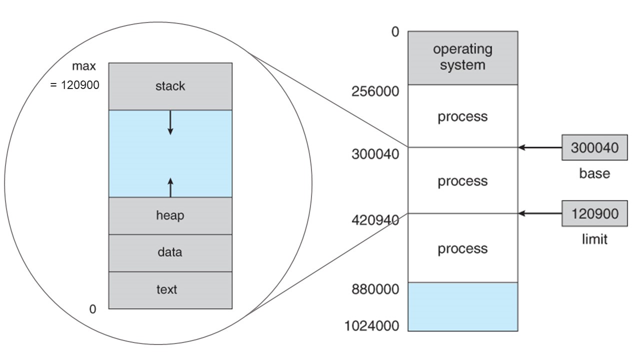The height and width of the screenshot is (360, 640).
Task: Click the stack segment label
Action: (x=170, y=86)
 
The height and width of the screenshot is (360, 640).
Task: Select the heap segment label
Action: (x=170, y=215)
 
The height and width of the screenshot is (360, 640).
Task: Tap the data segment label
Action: (x=170, y=252)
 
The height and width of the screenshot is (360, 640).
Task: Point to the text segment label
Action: (x=167, y=289)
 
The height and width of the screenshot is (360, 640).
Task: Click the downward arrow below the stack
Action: (x=170, y=122)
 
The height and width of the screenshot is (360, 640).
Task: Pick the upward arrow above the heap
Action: (x=170, y=187)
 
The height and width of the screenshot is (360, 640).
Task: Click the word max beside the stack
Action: (x=83, y=66)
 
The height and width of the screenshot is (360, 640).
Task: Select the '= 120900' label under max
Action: (x=75, y=85)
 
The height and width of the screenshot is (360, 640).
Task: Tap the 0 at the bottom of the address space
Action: (x=92, y=309)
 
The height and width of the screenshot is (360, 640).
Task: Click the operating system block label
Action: (x=463, y=57)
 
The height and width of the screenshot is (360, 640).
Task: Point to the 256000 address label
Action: (x=375, y=91)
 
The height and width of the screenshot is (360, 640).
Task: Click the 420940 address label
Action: (x=375, y=220)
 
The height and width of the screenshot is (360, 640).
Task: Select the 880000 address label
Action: (x=375, y=289)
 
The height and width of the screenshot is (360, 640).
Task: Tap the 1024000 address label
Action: (x=371, y=325)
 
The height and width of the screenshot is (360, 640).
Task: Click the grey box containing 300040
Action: (x=595, y=147)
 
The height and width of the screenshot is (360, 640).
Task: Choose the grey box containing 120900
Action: (x=595, y=213)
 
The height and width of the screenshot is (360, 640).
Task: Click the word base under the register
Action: (x=594, y=173)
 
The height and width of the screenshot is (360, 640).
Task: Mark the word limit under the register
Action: (x=594, y=239)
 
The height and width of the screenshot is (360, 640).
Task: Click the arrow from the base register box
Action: (x=540, y=147)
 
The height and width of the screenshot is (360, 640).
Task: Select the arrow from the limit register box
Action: (x=540, y=213)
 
